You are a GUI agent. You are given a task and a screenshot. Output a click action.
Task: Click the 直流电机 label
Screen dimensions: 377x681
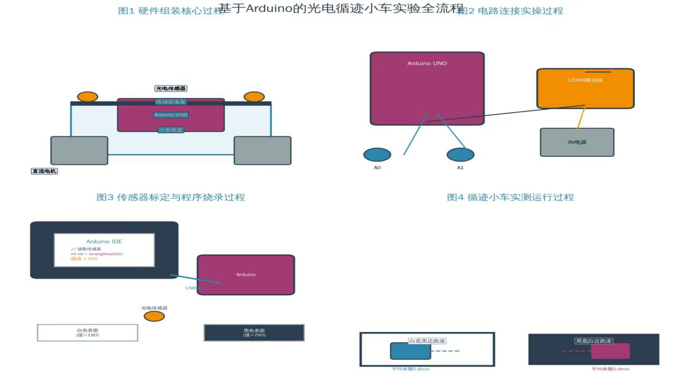(x=44, y=171)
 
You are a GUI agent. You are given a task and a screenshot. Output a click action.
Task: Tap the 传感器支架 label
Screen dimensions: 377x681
(x=170, y=102)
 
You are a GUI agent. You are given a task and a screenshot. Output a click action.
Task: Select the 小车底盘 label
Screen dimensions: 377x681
(x=171, y=130)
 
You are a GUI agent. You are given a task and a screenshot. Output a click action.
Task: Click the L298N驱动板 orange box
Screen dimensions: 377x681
(x=585, y=89)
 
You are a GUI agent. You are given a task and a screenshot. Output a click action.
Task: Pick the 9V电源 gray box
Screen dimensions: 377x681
(x=577, y=142)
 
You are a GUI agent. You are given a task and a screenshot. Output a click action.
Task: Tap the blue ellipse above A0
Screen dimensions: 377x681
(x=377, y=155)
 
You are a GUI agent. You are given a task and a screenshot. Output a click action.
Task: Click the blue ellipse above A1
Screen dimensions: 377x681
(x=460, y=155)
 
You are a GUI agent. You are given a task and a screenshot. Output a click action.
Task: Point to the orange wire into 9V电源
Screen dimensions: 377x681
(x=581, y=118)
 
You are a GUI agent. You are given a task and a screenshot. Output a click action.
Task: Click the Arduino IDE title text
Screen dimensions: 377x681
(x=104, y=242)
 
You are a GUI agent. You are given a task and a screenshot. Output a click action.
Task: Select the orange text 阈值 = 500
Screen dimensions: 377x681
(x=84, y=259)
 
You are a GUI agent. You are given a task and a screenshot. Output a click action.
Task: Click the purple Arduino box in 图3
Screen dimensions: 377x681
(x=246, y=275)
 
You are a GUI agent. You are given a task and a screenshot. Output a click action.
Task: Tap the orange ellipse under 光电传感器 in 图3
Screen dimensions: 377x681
(x=154, y=316)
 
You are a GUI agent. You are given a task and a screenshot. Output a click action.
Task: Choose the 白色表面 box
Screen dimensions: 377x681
(x=88, y=332)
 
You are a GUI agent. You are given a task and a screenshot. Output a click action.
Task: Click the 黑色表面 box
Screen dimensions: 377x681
(x=254, y=332)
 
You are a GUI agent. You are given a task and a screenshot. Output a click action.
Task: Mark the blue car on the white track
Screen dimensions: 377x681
(x=410, y=351)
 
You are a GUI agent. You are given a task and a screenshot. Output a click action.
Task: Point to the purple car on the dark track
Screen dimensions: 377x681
(x=610, y=351)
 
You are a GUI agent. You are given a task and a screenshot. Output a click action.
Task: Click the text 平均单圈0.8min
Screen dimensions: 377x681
(x=411, y=369)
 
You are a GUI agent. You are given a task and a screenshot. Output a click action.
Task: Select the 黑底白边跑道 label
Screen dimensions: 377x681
(x=594, y=341)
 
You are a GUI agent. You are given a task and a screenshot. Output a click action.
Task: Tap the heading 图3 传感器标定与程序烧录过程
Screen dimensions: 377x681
(x=170, y=197)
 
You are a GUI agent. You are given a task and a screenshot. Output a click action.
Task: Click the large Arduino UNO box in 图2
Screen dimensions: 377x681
(x=427, y=89)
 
